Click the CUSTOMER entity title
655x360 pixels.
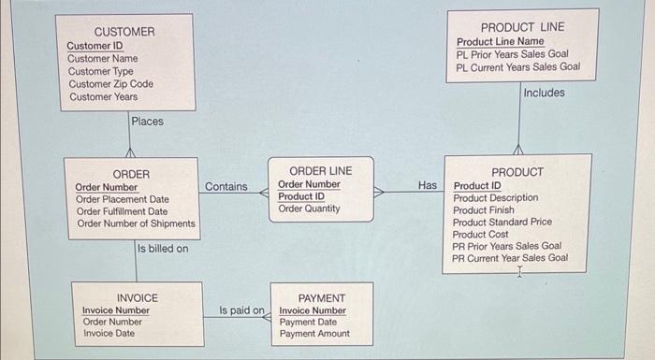pyautogui.click(x=124, y=32)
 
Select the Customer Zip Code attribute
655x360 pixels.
pyautogui.click(x=110, y=84)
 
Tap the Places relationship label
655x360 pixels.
pyautogui.click(x=147, y=122)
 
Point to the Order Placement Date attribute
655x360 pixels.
pyautogui.click(x=122, y=199)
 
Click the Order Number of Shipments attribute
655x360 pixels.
pyautogui.click(x=136, y=223)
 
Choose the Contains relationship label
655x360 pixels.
pyautogui.click(x=226, y=187)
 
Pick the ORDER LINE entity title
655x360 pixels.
pyautogui.click(x=320, y=171)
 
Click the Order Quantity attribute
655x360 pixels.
pyautogui.click(x=309, y=209)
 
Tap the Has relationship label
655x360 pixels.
pyautogui.click(x=428, y=186)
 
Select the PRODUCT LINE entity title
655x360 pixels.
pyautogui.click(x=522, y=27)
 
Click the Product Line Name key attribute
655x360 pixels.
pyautogui.click(x=500, y=42)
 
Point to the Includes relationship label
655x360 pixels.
pyautogui.click(x=544, y=93)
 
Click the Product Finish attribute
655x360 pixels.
pyautogui.click(x=483, y=210)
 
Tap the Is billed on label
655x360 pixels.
pyautogui.click(x=163, y=249)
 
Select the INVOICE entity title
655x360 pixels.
pyautogui.click(x=137, y=298)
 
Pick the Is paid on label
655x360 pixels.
pyautogui.click(x=242, y=310)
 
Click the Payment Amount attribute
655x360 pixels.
pyautogui.click(x=314, y=334)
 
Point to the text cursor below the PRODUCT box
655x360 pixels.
pyautogui.click(x=517, y=273)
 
